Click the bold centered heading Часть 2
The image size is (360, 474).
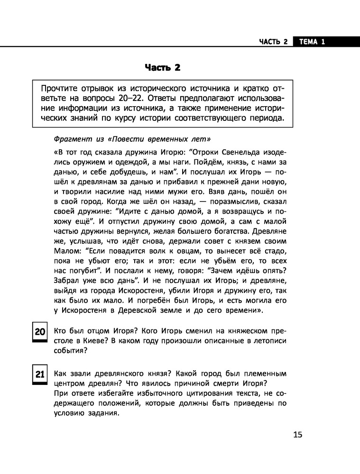(x=163, y=68)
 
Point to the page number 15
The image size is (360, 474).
(x=297, y=435)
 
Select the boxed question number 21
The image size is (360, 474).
(x=39, y=374)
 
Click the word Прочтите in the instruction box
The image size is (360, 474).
(x=60, y=88)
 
